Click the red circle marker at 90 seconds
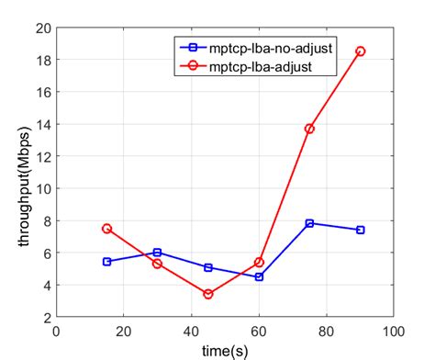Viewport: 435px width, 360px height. coord(360,51)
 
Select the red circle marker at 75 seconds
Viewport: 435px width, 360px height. coord(309,129)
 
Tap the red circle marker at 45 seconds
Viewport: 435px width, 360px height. coord(208,294)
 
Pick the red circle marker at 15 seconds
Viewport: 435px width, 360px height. coord(107,229)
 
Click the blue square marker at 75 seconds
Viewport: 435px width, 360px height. coord(309,223)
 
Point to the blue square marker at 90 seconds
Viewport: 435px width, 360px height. coord(360,230)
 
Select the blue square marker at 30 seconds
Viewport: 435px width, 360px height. coord(158,253)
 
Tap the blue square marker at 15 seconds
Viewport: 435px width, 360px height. coord(107,262)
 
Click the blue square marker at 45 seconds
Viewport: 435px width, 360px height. coord(208,267)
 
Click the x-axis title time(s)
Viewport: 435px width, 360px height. coord(226,350)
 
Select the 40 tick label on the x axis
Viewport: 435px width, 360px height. coord(191,332)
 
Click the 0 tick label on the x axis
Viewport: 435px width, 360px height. coord(57,332)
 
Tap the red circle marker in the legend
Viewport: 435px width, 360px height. coord(191,65)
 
